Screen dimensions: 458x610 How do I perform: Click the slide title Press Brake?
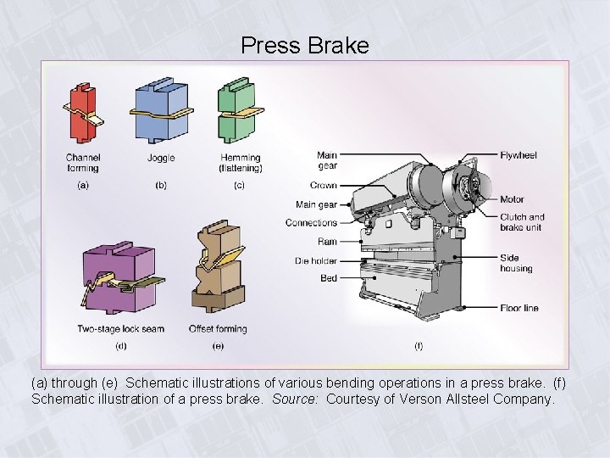(305, 45)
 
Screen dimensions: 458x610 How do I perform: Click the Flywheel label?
(518, 156)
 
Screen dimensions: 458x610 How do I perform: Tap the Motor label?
(512, 200)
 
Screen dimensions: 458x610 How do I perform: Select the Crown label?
(324, 186)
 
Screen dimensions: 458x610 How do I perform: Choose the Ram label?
(328, 242)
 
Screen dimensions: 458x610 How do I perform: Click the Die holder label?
(316, 260)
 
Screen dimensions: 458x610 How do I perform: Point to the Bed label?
(329, 278)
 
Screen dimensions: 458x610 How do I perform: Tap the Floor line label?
(518, 308)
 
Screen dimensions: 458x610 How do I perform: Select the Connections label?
(311, 223)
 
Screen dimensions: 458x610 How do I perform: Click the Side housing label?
(516, 263)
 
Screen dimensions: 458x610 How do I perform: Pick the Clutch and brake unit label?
(522, 222)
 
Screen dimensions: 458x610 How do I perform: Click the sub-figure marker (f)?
(419, 346)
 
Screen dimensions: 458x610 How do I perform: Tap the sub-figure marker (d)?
(121, 346)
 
